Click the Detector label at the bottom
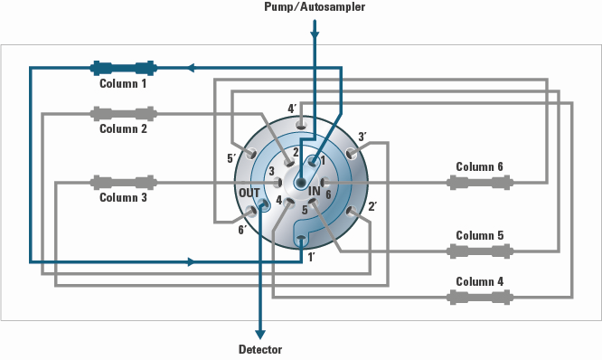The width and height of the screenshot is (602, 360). click(260, 349)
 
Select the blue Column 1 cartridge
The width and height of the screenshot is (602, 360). click(123, 68)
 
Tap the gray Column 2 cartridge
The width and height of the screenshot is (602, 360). click(123, 114)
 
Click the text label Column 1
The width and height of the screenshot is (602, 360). click(123, 83)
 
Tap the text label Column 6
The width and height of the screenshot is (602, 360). click(479, 166)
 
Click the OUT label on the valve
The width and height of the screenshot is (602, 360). click(249, 193)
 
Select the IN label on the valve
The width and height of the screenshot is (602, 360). click(315, 192)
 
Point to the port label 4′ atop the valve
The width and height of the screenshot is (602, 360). click(292, 109)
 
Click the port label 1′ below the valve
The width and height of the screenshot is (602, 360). click(312, 258)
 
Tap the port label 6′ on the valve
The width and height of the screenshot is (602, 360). click(241, 231)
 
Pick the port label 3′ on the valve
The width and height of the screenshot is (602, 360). click(362, 137)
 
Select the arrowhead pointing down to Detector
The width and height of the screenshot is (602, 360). click(261, 331)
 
